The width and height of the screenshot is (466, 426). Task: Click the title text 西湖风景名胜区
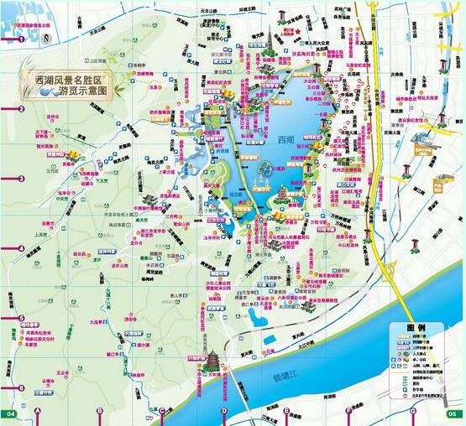(x=76, y=80)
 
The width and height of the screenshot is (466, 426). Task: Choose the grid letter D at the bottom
(x=224, y=413)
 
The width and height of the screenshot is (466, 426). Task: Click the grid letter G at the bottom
(x=408, y=413)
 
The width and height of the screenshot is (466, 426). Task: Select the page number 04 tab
(x=11, y=413)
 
